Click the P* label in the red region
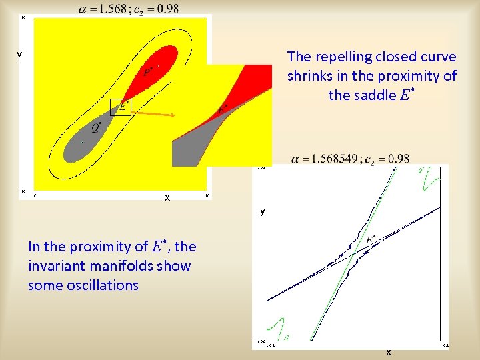[148, 71]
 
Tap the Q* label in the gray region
[97, 127]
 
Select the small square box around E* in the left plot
[121, 107]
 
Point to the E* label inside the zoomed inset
[223, 109]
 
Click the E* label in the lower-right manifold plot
[371, 239]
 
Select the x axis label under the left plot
[167, 198]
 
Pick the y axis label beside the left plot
[19, 55]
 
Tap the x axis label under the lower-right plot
[389, 352]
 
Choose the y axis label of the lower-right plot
[263, 211]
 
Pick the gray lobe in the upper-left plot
[80, 140]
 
